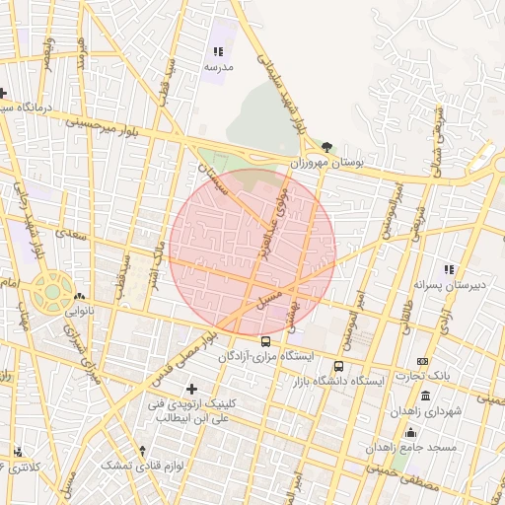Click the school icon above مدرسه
pyautogui.click(x=218, y=51)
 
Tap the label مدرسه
pyautogui.click(x=218, y=67)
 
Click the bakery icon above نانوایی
pyautogui.click(x=79, y=296)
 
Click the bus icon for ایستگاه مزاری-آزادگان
pyautogui.click(x=264, y=341)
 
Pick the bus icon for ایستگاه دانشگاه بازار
pyautogui.click(x=339, y=366)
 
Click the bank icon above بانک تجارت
pyautogui.click(x=423, y=362)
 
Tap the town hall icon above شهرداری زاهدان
pyautogui.click(x=425, y=397)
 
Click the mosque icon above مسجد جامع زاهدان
pyautogui.click(x=410, y=432)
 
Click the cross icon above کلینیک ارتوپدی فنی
pyautogui.click(x=191, y=389)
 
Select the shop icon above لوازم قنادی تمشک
pyautogui.click(x=143, y=450)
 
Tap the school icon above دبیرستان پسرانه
pyautogui.click(x=449, y=269)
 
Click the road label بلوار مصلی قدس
pyautogui.click(x=184, y=353)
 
